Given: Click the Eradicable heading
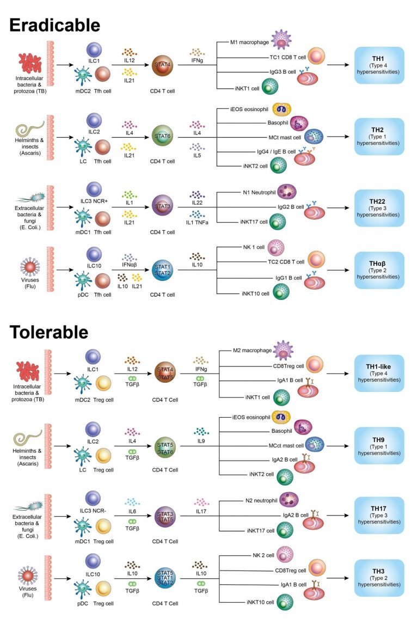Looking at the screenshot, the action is [x=55, y=26].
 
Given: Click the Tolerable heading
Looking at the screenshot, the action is [x=48, y=333].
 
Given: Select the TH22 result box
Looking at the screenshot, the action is [x=379, y=207].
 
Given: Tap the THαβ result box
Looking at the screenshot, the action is [x=379, y=270].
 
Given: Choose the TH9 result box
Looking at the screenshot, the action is [x=379, y=446].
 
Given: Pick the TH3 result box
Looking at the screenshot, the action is [x=379, y=578].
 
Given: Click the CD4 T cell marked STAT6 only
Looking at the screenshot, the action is [x=162, y=136].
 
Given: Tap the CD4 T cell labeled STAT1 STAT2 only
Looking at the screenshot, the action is [x=162, y=270].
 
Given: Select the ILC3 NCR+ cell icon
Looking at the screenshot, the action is [x=94, y=189].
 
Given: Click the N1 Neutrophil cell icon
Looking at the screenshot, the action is [x=287, y=192].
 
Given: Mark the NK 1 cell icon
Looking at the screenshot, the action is [x=275, y=248].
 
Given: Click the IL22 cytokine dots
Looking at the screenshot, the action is [x=197, y=195].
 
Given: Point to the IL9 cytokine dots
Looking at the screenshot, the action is [x=201, y=431].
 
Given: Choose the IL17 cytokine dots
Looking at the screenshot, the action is [x=201, y=502].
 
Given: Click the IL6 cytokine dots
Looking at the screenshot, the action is [x=132, y=502].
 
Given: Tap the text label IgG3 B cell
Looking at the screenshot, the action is [x=282, y=72].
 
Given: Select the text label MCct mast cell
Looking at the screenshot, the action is [x=286, y=445].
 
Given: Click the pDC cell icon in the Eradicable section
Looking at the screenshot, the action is [x=83, y=280].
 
